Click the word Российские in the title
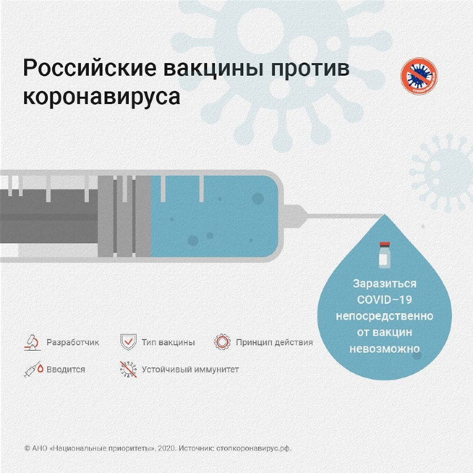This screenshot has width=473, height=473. (x=89, y=68)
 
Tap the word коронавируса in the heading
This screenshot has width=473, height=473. (x=101, y=97)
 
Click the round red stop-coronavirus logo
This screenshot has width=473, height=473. (x=419, y=76)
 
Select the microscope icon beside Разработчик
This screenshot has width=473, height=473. (x=33, y=342)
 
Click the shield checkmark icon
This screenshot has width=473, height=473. (x=128, y=342)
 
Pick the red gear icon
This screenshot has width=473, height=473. (x=222, y=342)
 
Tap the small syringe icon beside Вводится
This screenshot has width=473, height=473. (x=33, y=369)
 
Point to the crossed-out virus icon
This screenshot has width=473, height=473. (x=128, y=369)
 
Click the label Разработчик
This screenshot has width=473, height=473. (x=73, y=342)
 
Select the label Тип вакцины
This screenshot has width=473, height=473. (x=168, y=342)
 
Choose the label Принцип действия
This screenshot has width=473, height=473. (x=274, y=342)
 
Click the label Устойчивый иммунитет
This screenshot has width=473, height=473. (x=190, y=369)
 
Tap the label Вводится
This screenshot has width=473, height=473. (x=66, y=369)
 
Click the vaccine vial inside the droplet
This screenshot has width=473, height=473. (x=385, y=255)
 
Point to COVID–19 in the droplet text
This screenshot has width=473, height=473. (x=385, y=300)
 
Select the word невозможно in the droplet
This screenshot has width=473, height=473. (x=385, y=349)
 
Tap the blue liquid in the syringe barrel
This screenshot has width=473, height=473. (x=214, y=217)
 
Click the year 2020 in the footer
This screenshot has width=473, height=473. (x=166, y=448)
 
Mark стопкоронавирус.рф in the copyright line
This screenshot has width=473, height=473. (x=254, y=448)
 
